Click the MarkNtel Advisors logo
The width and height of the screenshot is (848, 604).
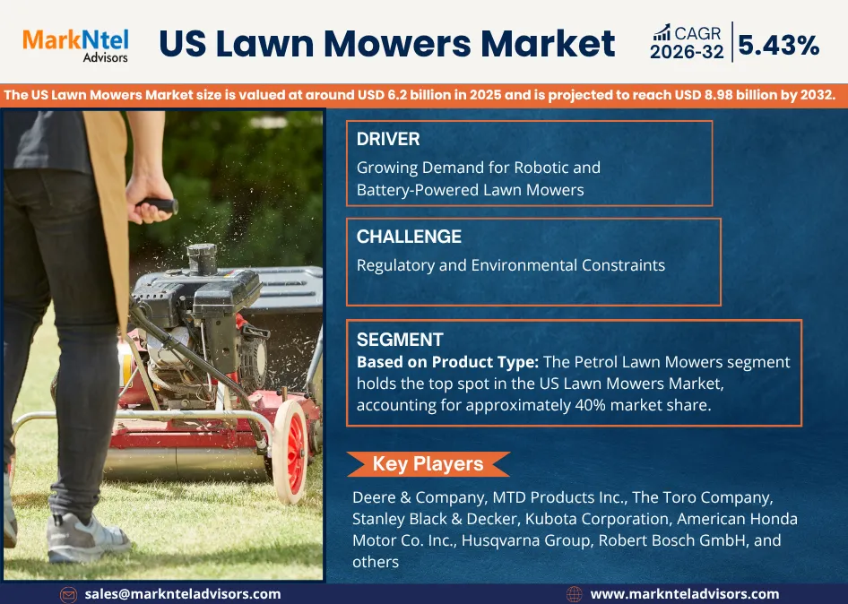pos(75,46)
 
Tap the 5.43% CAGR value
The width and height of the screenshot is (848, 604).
pos(779,45)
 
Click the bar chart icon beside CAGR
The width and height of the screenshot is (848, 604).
pos(662,32)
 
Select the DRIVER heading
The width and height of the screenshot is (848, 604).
pos(388,139)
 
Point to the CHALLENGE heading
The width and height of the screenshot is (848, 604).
pos(409,237)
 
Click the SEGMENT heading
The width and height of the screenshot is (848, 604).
pos(400,340)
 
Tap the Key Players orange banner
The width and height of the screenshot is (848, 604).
pos(428,464)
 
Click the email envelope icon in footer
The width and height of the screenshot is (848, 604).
pos(68,595)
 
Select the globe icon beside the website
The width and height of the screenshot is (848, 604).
pos(574,595)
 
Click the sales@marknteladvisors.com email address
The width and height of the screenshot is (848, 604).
pos(183,594)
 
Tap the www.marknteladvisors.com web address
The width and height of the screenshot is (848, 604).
pos(685,594)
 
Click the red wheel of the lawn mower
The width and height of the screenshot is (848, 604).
pos(290,452)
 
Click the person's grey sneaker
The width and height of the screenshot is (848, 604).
pos(87,537)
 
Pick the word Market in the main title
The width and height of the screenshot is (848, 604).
pos(548,44)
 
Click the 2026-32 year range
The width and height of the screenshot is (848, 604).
pos(687,52)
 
